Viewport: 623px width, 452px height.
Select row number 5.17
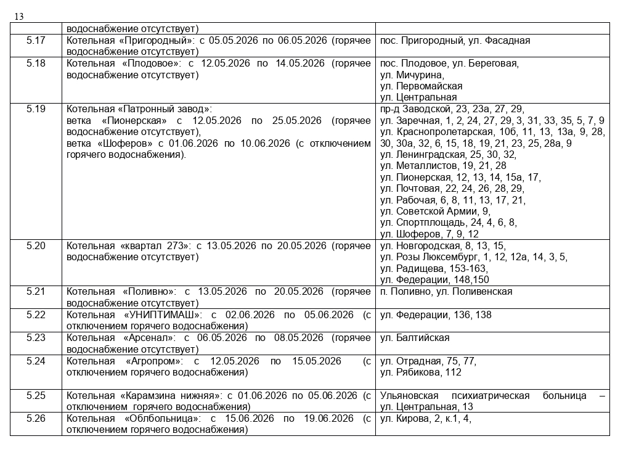point(36,41)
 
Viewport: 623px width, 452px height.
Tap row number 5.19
point(36,109)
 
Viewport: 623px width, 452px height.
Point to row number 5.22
point(36,315)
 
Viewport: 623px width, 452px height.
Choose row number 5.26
point(36,419)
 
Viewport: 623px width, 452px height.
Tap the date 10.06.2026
point(263,144)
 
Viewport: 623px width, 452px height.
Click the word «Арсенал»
point(149,338)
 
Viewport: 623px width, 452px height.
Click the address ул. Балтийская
point(415,338)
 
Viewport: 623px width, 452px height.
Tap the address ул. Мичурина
point(412,75)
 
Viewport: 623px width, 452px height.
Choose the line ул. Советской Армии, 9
point(435,212)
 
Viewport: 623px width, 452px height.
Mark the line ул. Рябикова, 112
point(421,372)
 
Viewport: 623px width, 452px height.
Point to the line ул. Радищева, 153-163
point(434,269)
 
